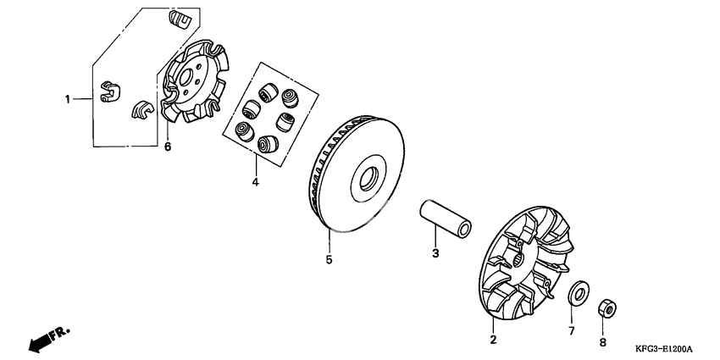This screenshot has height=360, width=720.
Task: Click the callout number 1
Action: point(68,99)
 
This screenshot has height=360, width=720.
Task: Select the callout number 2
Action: point(493,340)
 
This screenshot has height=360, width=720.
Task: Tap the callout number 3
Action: point(435,253)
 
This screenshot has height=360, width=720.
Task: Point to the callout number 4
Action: point(255,182)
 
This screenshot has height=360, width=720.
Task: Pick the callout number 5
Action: point(329,259)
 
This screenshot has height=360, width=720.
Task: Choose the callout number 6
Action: point(168,147)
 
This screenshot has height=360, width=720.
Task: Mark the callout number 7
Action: point(571,330)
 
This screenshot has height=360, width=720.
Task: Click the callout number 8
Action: point(603,342)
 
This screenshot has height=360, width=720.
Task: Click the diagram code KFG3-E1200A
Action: point(663,350)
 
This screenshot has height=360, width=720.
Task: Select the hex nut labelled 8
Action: point(607,308)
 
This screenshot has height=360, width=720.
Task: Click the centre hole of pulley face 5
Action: point(368,179)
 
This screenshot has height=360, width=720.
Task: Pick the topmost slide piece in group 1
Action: point(180,19)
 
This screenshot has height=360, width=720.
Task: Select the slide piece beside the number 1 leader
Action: point(110,91)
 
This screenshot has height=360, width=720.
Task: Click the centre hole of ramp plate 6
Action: point(186,77)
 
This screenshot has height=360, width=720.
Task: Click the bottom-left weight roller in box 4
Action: point(244,131)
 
